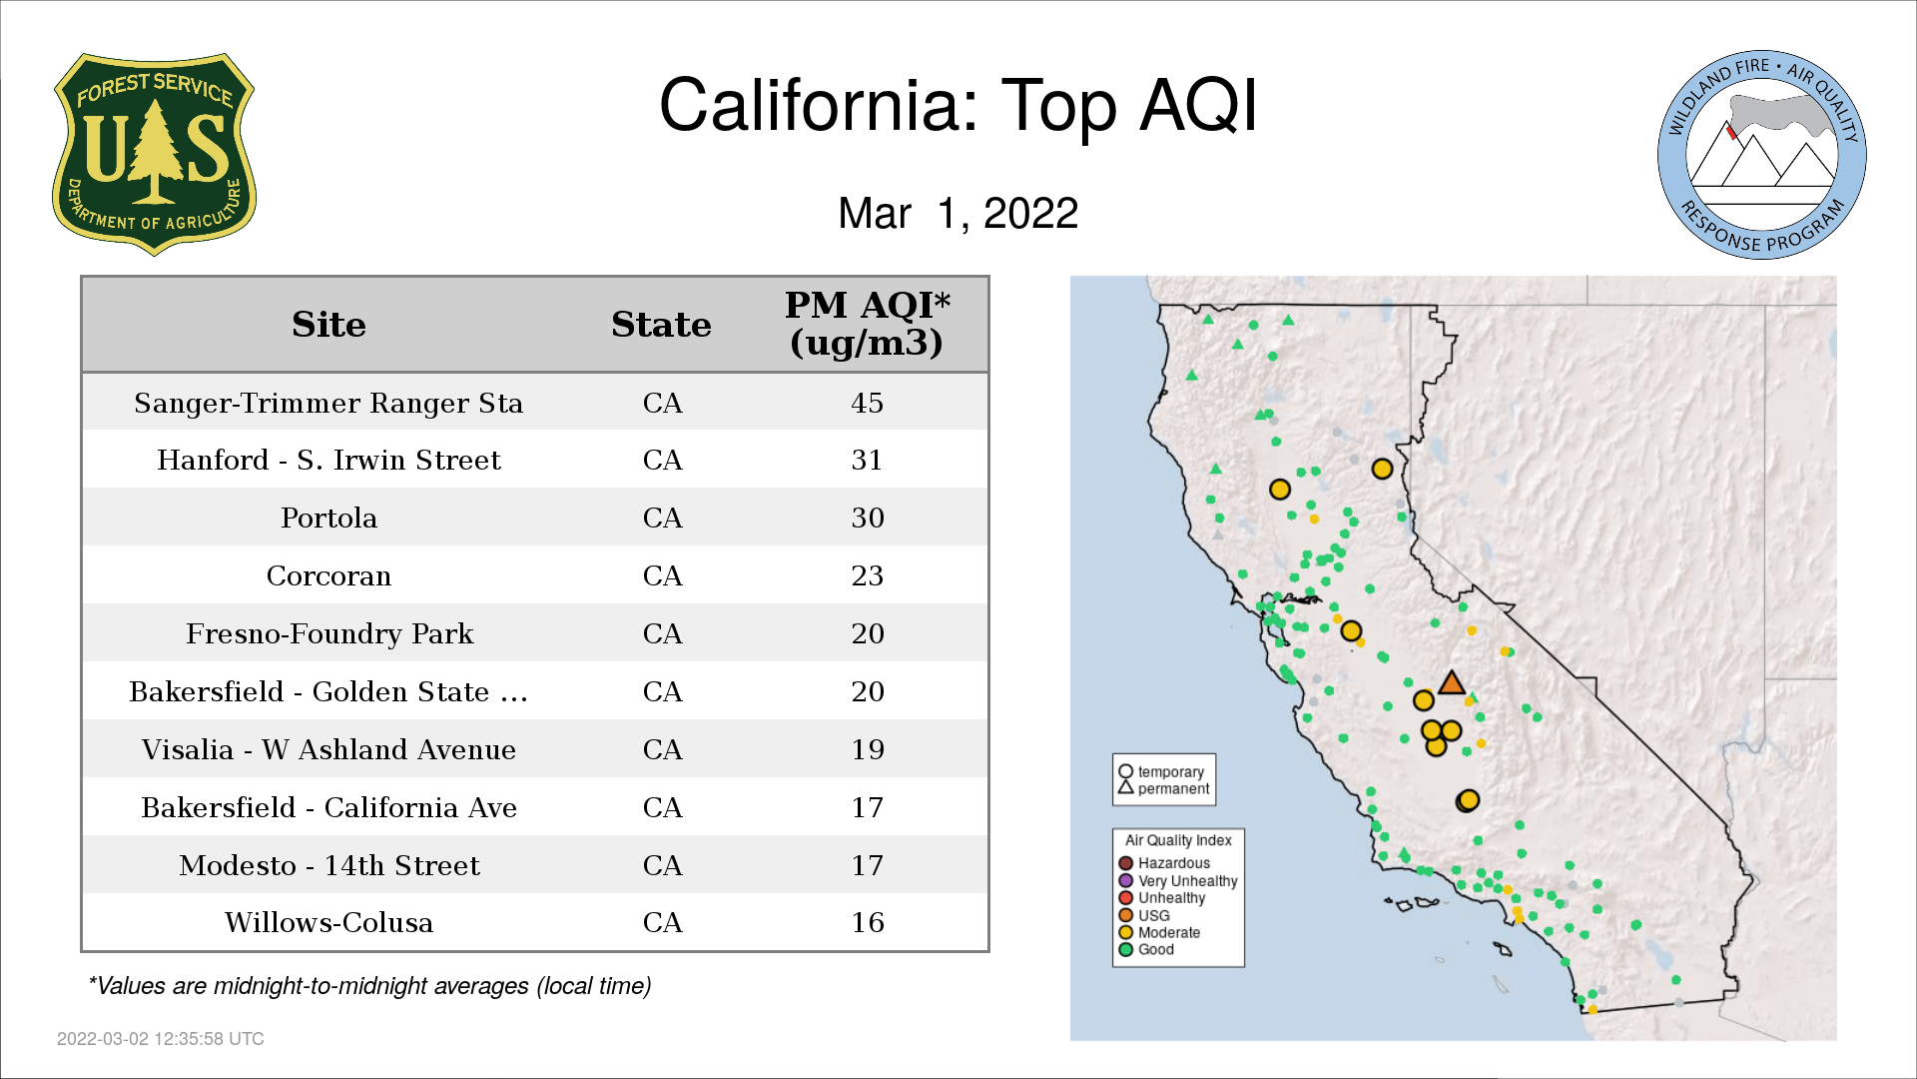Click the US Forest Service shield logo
(x=154, y=155)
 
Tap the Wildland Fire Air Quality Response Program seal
(x=1762, y=155)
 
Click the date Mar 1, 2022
(x=958, y=213)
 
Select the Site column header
(x=328, y=325)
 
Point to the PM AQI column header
(x=867, y=324)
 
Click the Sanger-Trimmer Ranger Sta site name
(x=328, y=403)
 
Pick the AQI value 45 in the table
(x=867, y=403)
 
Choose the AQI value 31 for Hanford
(x=867, y=460)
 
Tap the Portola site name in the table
(x=328, y=518)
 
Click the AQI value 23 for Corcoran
(x=867, y=575)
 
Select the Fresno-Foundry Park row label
(x=329, y=633)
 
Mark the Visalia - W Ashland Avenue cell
(x=328, y=749)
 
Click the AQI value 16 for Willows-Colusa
(x=867, y=922)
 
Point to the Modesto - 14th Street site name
(x=329, y=865)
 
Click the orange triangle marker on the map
(x=1452, y=683)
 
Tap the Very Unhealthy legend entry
(x=1178, y=880)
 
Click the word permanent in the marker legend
(x=1173, y=788)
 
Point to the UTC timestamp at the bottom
(x=161, y=1039)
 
